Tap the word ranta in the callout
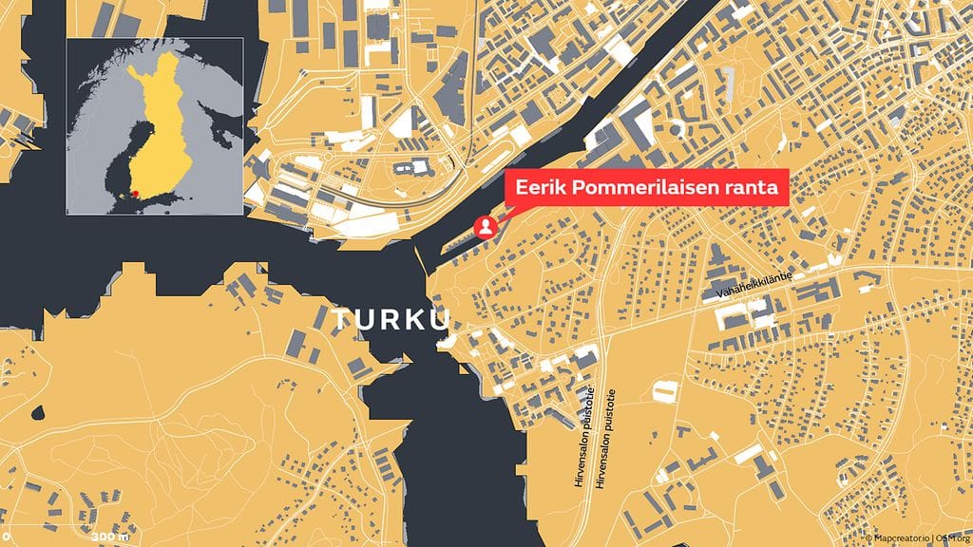753,188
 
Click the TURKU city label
391,321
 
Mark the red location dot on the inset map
136,194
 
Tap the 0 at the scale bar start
6,538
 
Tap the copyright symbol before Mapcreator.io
868,538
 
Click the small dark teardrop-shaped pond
38,414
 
